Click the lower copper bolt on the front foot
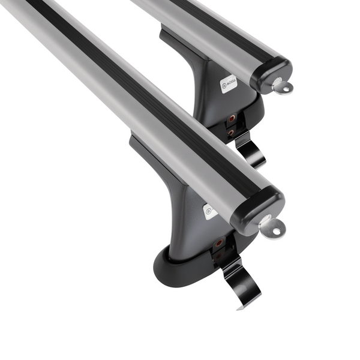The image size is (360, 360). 217,256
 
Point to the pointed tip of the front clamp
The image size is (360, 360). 240,308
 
